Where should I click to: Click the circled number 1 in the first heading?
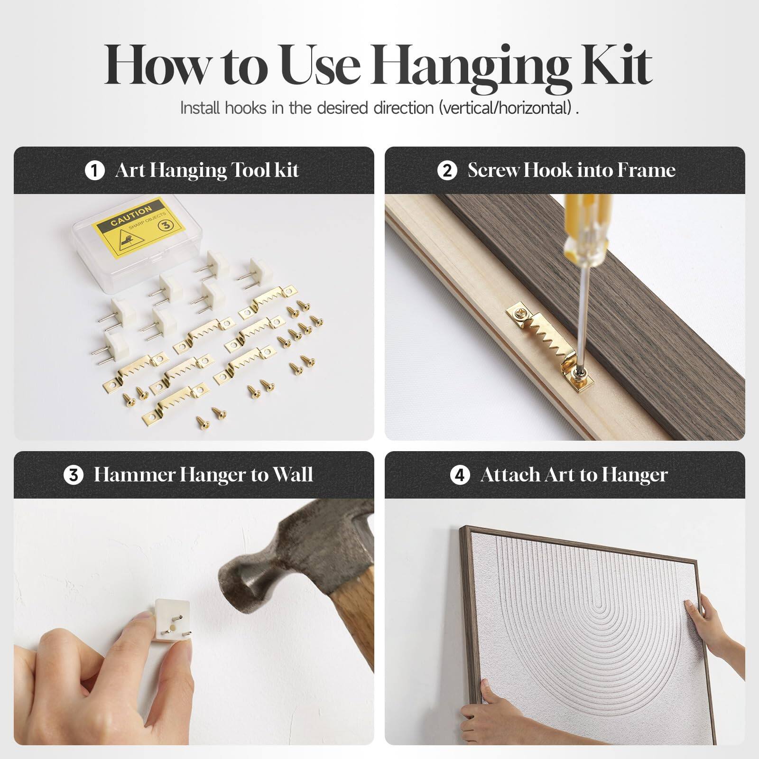click(x=94, y=170)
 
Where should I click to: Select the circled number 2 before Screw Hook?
click(x=447, y=170)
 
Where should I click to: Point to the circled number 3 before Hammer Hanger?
click(x=74, y=475)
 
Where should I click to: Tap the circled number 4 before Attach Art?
click(x=459, y=475)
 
